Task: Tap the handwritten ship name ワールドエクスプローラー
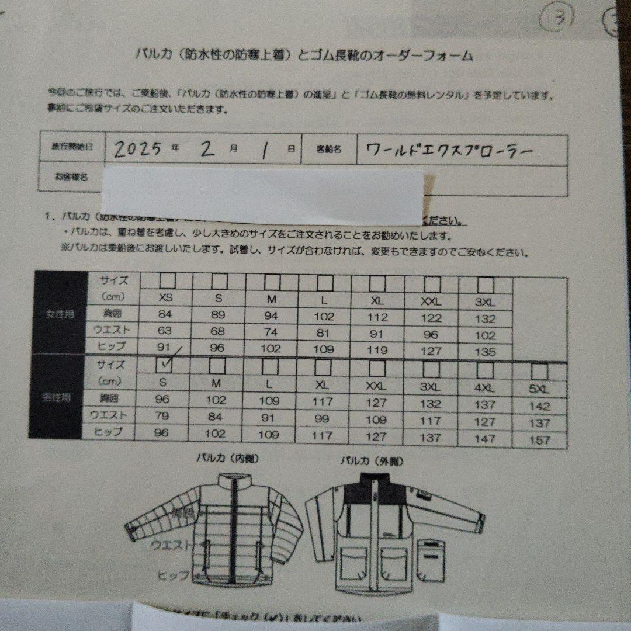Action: (x=449, y=150)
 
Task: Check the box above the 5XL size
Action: (x=540, y=372)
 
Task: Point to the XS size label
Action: (x=166, y=298)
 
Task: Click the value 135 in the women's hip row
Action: (x=485, y=352)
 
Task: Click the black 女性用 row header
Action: (x=60, y=314)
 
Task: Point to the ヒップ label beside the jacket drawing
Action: (x=173, y=575)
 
